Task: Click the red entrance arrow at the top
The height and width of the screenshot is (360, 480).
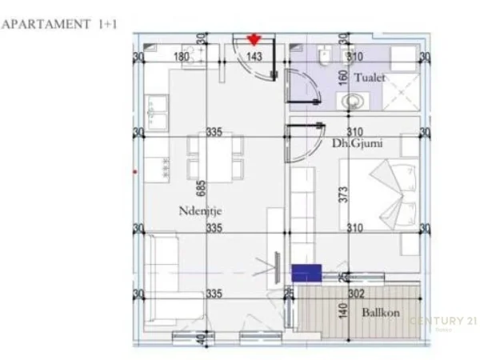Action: click(x=254, y=39)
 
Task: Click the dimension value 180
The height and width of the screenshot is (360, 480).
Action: click(x=182, y=57)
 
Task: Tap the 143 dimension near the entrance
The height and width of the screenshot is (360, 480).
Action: click(x=254, y=57)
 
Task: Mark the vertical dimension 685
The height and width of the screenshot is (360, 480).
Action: click(x=202, y=187)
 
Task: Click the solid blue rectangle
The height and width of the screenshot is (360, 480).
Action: click(x=306, y=273)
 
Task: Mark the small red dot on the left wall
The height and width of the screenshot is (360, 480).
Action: click(x=134, y=170)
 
